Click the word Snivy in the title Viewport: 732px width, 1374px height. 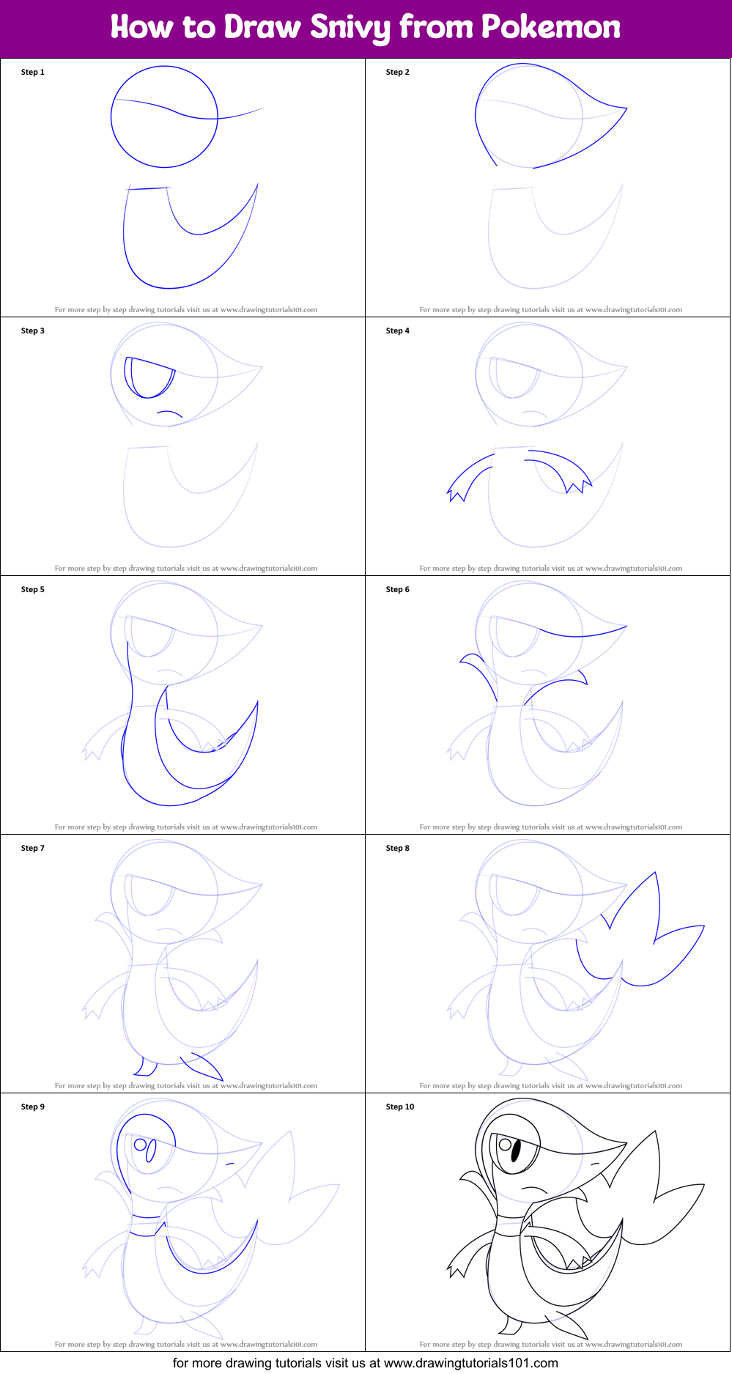point(350,28)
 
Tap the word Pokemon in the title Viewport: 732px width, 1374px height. point(550,27)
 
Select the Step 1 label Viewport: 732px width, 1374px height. point(33,72)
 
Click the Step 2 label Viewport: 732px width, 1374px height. point(398,72)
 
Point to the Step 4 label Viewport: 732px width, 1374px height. point(398,330)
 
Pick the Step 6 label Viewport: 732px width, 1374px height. point(398,589)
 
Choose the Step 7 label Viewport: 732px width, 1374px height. point(33,848)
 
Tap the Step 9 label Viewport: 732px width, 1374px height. point(33,1107)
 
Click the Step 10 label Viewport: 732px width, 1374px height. point(400,1107)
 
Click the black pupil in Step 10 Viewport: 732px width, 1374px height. point(515,1151)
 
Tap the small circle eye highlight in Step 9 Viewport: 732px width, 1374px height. point(140,1145)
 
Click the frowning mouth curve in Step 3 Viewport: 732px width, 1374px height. point(170,414)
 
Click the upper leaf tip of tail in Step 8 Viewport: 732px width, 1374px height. point(654,874)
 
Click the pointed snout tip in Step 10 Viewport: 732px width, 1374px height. point(625,1143)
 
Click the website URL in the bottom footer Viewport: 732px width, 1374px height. point(470,1363)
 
